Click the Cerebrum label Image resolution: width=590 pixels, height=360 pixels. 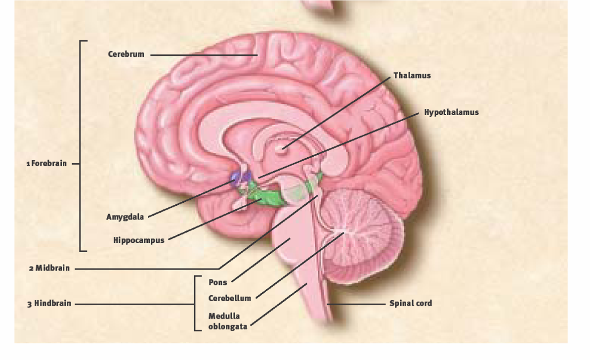pos(126,54)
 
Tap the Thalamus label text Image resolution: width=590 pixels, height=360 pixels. pos(412,76)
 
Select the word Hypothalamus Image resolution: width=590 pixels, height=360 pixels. pos(451,112)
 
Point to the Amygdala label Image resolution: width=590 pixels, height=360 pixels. pos(125,217)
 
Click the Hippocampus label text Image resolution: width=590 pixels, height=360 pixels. pos(138,240)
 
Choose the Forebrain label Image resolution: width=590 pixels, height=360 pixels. pos(49,163)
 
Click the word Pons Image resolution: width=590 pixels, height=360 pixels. pos(217,282)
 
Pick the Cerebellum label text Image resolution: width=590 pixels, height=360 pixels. pos(229,298)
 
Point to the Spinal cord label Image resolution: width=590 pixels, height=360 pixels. pos(410,303)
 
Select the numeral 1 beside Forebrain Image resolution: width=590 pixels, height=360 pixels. pos(28,164)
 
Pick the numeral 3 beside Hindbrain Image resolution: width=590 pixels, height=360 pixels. pos(30,304)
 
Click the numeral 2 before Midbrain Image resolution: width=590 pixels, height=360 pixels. pos(31,269)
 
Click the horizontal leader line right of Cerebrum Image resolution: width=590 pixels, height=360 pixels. pos(203,55)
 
